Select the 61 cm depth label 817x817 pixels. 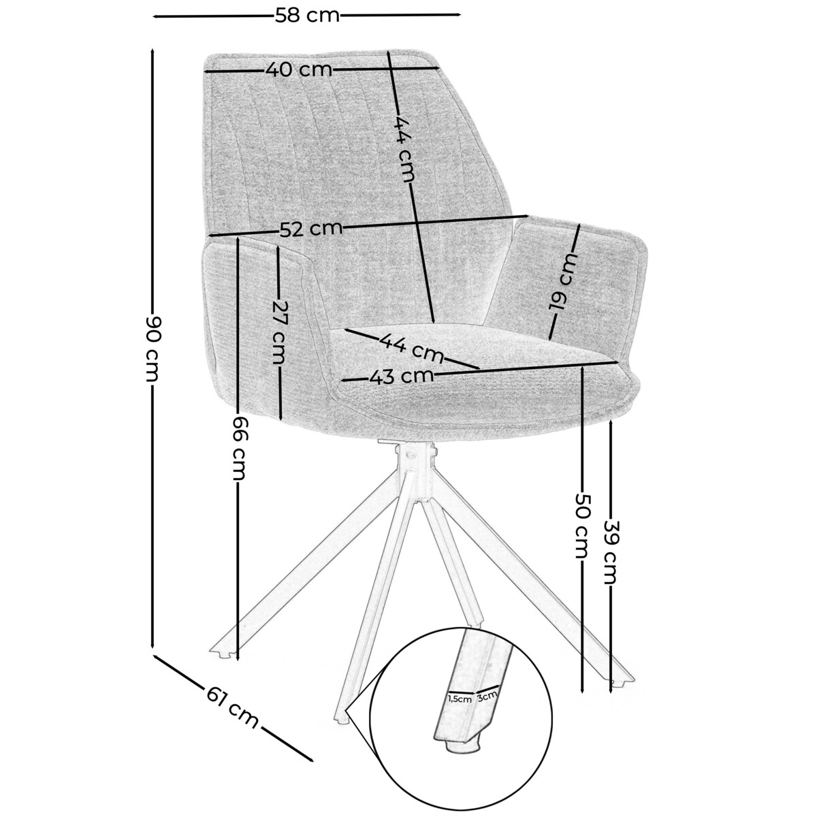pos(232,707)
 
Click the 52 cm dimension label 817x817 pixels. pos(311,229)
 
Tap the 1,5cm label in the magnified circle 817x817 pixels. pos(460,699)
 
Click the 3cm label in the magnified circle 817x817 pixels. pos(487,695)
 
